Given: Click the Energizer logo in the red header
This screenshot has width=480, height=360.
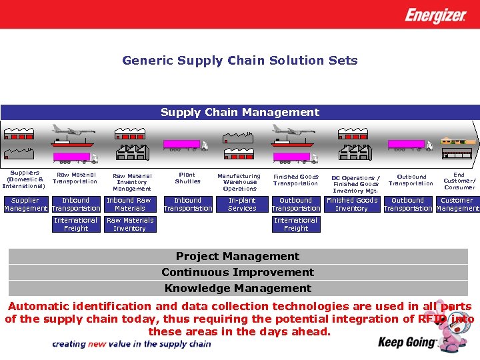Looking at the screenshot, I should coord(435,15).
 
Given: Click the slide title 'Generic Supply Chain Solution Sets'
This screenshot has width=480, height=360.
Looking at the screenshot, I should coord(239,61).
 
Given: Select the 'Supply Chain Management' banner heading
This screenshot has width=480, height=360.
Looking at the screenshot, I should coord(239,112).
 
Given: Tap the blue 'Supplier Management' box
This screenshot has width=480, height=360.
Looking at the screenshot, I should coord(25,205).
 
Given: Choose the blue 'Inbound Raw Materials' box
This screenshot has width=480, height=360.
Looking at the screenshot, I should coord(129,205).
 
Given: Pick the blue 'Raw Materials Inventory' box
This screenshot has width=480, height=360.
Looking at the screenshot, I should coord(130,225).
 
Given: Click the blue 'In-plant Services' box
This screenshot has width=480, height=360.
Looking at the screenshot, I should coord(242,205).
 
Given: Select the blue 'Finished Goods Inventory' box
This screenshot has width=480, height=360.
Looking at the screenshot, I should coord(351,205).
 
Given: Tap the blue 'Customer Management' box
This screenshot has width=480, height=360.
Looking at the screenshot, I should coord(457,205).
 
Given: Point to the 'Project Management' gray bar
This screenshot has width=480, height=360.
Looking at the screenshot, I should coord(238,257).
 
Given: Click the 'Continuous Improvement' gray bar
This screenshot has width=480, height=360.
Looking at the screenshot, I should coord(238,273).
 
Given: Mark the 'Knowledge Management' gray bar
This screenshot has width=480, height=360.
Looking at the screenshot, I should coord(238,289).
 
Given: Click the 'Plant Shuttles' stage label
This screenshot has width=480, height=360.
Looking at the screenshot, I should coord(187,178).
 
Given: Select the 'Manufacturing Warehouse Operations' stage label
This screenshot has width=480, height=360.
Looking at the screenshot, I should coord(240,182).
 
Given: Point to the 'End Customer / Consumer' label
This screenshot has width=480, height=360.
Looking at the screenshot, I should coord(459,181).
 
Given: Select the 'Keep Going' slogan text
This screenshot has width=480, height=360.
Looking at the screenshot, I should coord(407,343).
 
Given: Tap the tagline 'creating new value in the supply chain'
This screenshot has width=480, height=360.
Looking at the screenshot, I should coord(132,344).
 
